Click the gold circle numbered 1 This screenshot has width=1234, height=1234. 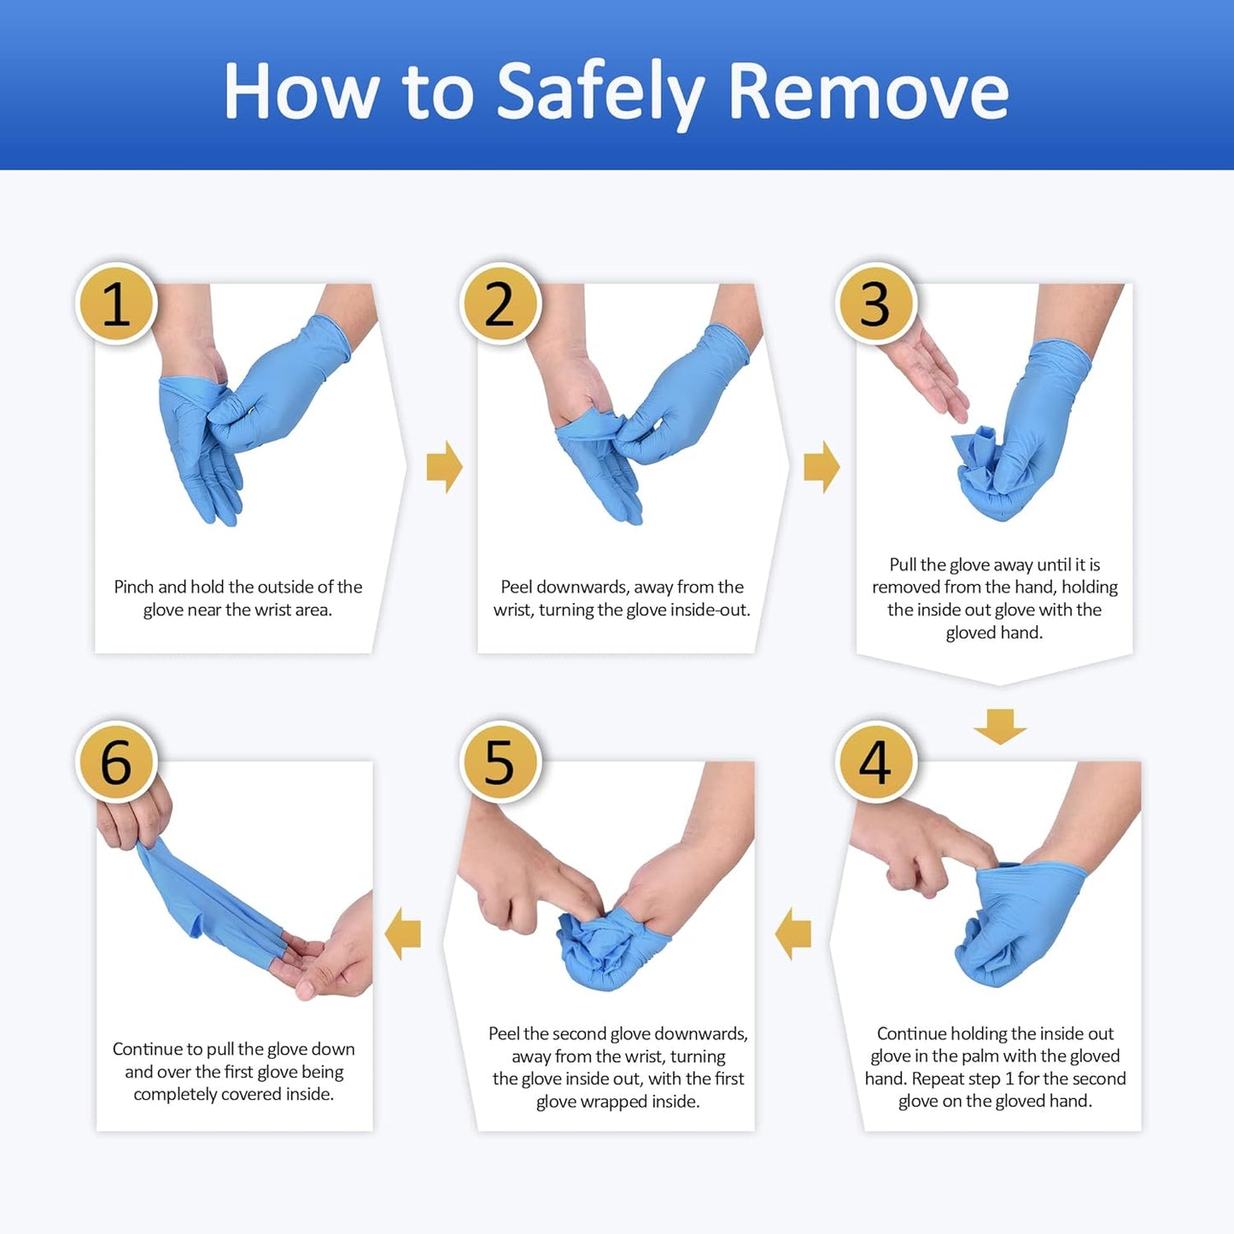coord(116,304)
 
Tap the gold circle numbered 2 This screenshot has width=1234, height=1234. coord(500,304)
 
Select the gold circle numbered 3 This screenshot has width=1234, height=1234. coord(874,304)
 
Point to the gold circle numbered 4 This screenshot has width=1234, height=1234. coord(874,762)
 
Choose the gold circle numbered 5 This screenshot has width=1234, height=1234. coord(500,762)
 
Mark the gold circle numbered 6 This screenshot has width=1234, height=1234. coord(116,762)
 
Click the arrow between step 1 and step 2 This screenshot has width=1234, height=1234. coord(444,467)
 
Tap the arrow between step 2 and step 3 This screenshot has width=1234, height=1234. coord(822,467)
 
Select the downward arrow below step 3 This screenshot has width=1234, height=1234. coord(999,725)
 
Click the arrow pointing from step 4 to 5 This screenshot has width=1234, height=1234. coord(793,933)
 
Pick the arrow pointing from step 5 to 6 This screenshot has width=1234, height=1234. coord(403,933)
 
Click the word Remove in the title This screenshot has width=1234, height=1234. coord(868,91)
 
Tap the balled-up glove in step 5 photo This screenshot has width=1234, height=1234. coord(602,948)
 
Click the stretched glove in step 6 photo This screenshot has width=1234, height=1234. coord(205,905)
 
